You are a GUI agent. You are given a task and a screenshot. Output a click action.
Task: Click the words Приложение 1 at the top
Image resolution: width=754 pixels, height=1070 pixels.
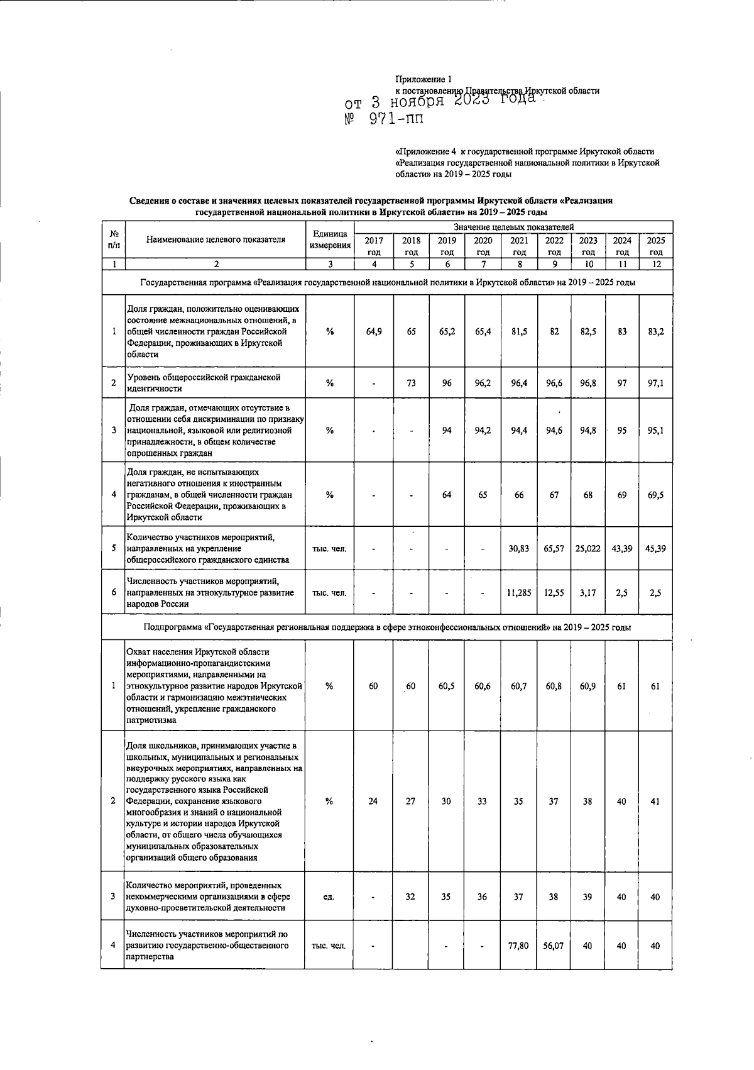423,79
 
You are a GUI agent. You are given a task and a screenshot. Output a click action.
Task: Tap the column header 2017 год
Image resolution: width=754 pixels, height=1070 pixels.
374,246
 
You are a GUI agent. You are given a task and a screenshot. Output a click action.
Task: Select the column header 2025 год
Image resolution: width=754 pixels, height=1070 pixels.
655,246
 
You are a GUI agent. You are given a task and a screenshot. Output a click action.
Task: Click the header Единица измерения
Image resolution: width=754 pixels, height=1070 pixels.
330,240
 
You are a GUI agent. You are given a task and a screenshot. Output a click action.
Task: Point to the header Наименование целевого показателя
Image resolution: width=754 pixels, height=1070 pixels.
216,240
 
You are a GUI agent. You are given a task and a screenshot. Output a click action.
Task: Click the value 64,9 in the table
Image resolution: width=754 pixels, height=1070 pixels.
374,331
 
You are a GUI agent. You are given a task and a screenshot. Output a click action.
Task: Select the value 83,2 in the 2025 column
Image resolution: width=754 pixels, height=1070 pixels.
655,331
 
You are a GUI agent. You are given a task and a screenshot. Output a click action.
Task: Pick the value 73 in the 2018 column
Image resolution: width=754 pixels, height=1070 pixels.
411,383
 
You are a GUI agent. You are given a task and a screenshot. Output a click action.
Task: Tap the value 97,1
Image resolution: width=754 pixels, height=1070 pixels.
655,383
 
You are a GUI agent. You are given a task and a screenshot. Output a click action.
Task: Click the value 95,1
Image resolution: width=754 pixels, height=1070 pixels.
655,431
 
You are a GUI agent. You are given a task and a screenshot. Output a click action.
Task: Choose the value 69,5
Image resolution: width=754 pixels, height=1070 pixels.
655,495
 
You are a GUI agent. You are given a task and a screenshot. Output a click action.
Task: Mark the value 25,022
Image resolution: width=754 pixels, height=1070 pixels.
588,548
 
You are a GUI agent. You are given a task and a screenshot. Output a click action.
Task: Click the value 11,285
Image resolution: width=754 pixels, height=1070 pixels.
519,592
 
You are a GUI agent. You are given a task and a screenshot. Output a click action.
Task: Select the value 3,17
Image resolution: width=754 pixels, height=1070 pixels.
588,592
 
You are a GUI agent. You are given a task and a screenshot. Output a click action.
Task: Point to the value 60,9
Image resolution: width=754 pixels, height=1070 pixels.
588,686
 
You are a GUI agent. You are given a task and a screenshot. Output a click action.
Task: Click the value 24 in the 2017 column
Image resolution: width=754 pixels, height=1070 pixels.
374,802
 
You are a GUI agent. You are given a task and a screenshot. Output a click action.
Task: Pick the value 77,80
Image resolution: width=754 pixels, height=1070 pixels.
519,946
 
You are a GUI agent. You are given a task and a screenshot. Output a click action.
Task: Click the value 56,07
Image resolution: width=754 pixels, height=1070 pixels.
554,946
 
